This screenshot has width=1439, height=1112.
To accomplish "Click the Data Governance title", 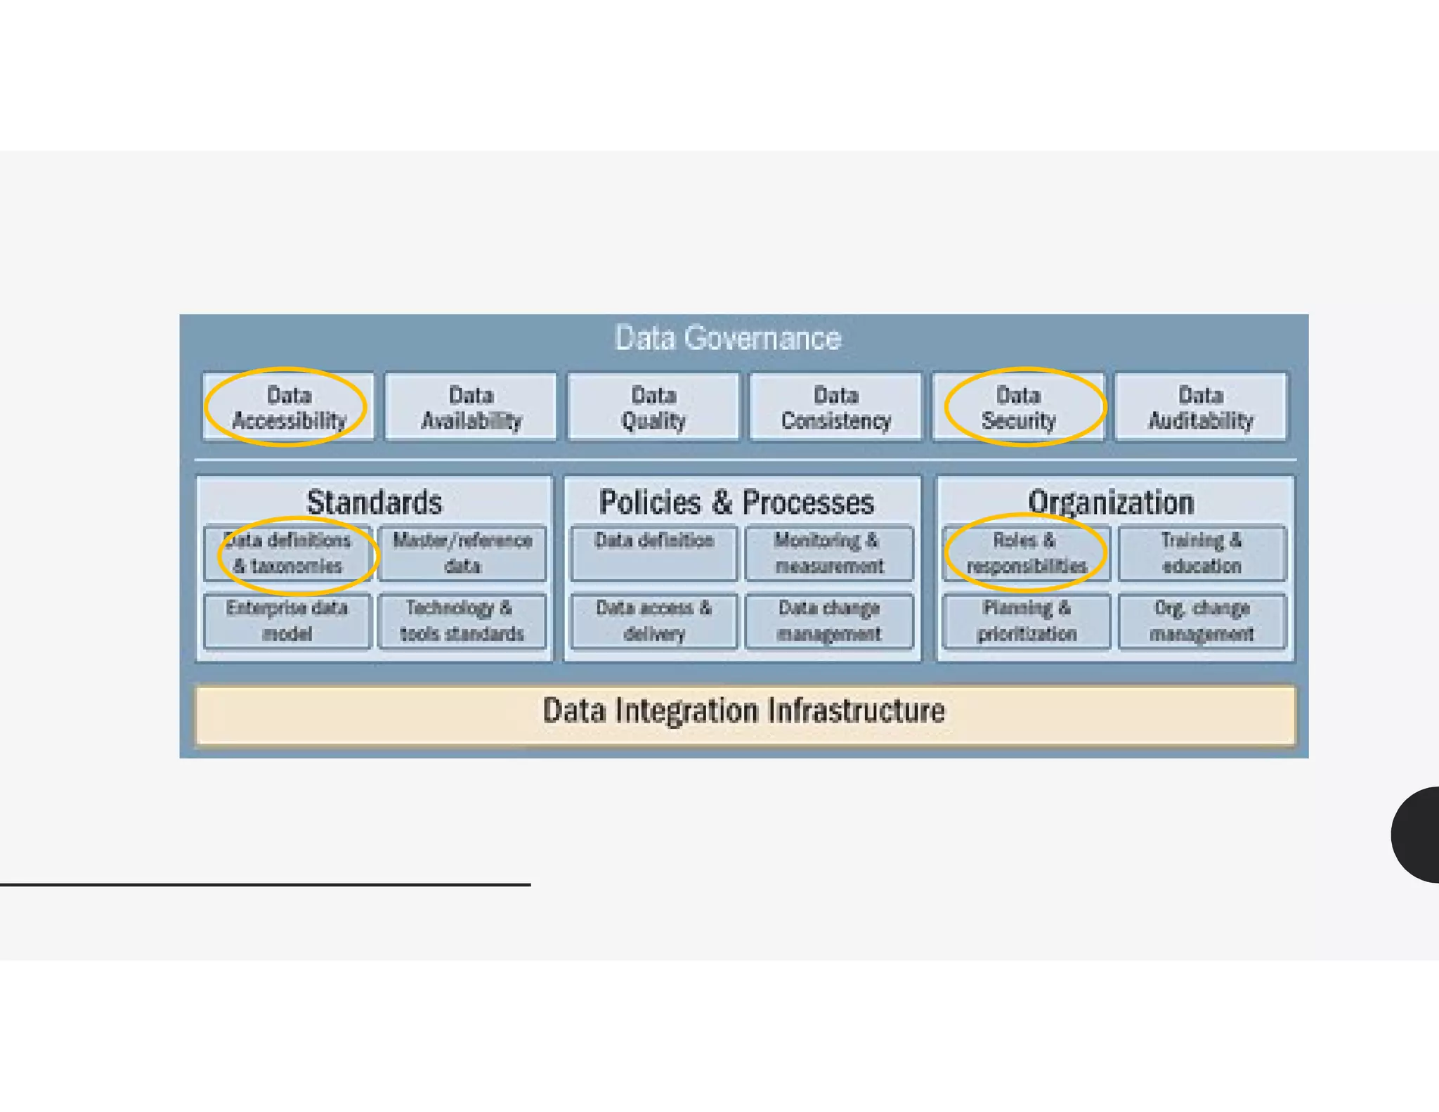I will (727, 338).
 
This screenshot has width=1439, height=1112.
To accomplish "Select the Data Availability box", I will (471, 407).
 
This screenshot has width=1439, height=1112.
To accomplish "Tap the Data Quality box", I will (653, 407).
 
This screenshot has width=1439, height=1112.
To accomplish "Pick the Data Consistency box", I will (835, 407).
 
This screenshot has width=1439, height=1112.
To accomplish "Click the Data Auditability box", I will (1201, 407).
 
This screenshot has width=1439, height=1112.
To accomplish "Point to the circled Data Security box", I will (1018, 407).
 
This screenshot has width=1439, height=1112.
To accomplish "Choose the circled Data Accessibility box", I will (288, 407).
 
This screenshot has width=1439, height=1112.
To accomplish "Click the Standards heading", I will (375, 502).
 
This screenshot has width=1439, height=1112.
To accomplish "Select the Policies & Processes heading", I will (736, 502).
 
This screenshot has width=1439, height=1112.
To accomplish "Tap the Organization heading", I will (1111, 502).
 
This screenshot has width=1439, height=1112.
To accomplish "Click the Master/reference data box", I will (462, 553).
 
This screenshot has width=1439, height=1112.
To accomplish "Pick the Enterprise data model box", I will (287, 621).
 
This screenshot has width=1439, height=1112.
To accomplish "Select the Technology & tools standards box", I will (462, 621).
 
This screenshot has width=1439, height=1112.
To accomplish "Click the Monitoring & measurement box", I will (829, 553).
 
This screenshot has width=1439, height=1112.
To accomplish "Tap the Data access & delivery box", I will (653, 621).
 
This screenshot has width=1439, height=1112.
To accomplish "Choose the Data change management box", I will (829, 621).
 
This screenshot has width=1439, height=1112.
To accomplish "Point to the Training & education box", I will (1202, 553).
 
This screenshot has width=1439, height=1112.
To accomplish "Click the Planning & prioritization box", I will (1027, 621).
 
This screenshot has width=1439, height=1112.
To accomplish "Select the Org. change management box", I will (1202, 621).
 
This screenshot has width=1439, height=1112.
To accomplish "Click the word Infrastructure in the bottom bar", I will (856, 711).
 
